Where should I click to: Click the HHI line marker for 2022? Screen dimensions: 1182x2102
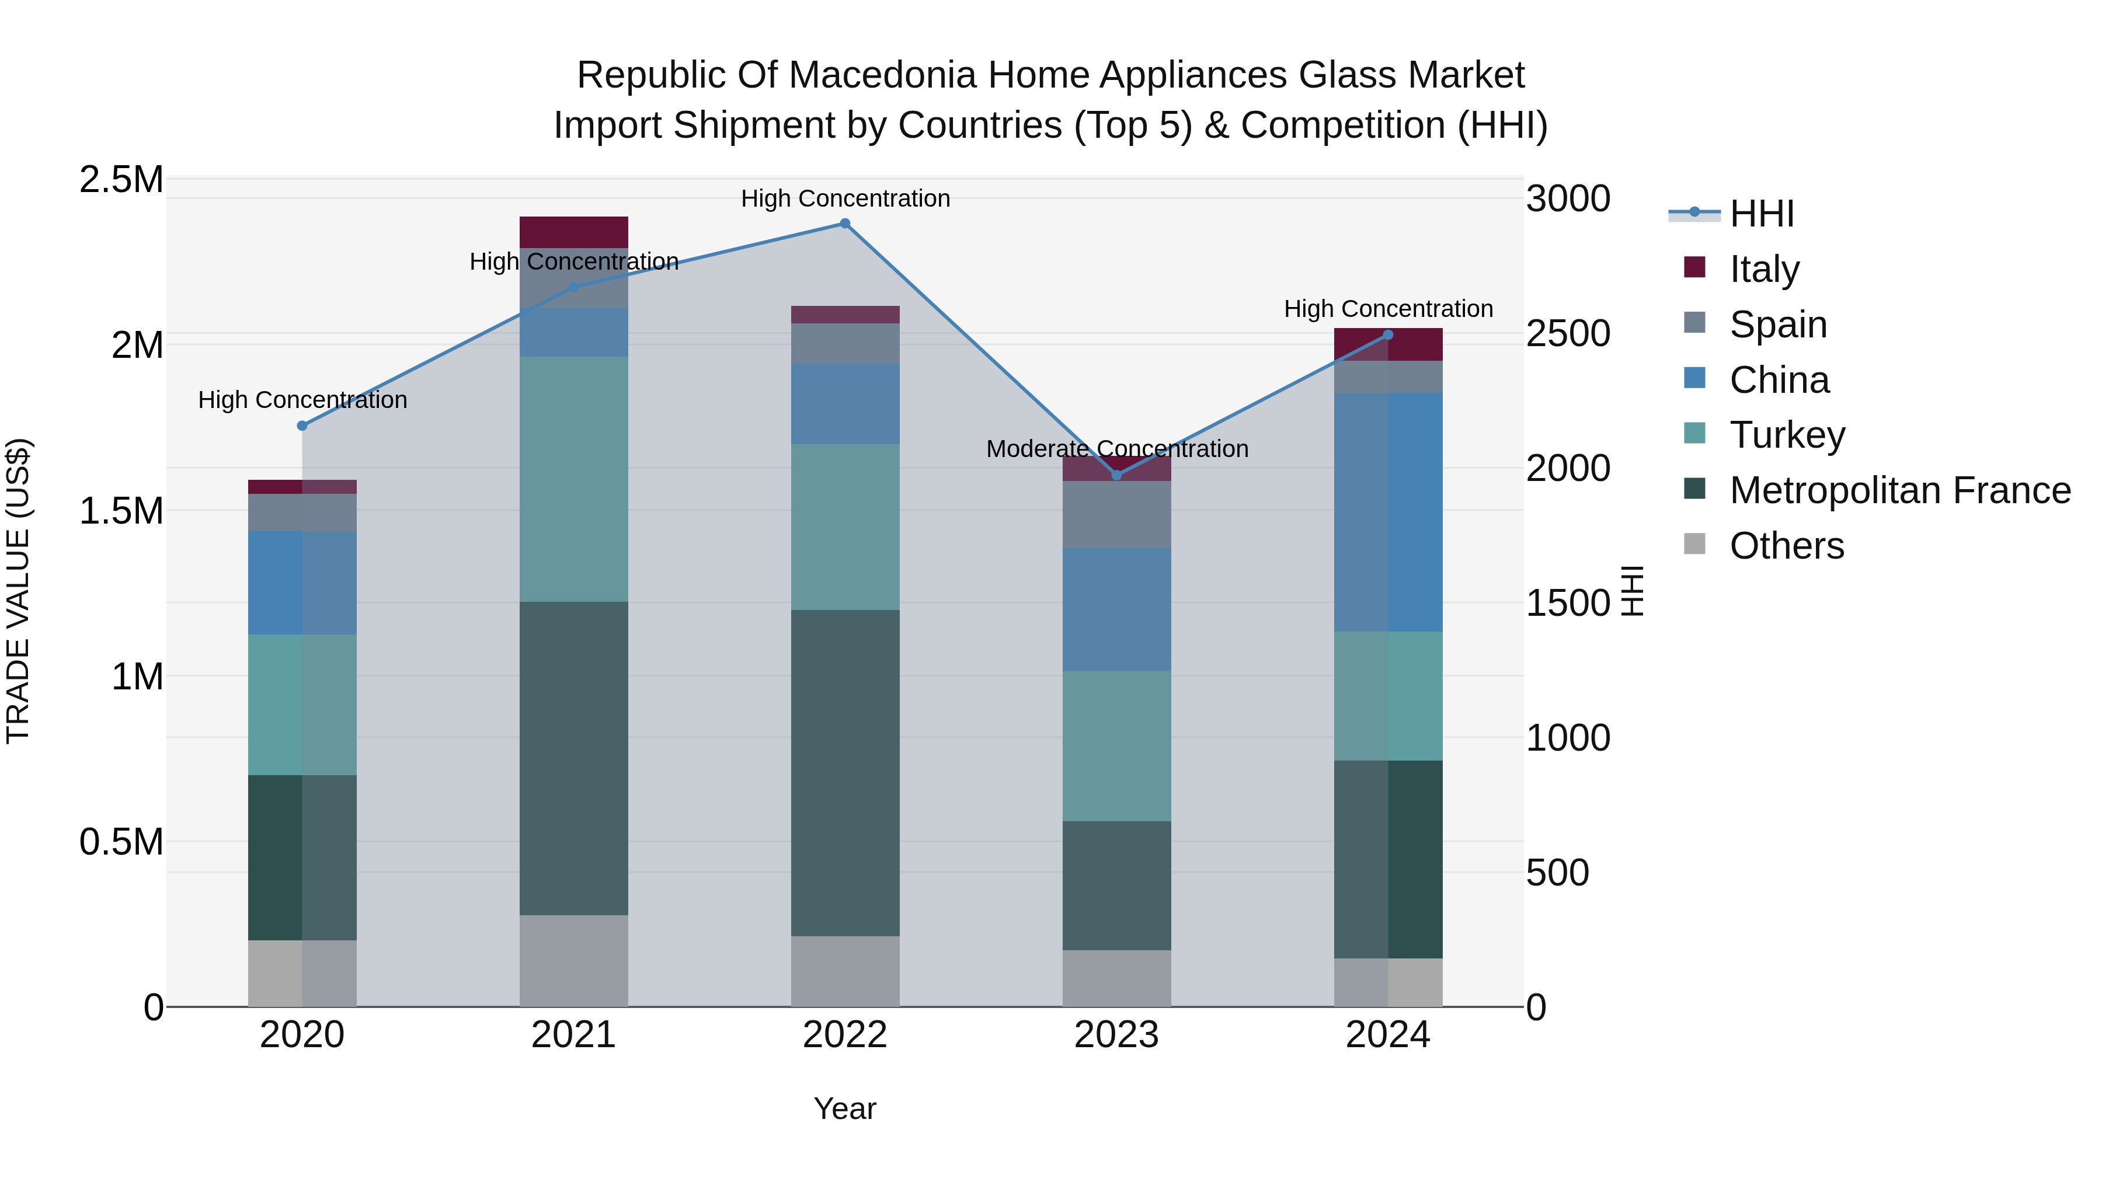coord(844,224)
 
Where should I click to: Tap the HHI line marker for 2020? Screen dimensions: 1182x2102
coord(302,425)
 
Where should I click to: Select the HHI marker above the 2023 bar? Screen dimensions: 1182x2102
coord(1116,475)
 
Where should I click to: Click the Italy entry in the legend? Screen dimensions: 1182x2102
coord(1763,269)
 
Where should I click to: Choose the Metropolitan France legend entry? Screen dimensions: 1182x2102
coord(1899,490)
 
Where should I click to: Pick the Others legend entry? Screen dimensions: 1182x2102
coord(1786,546)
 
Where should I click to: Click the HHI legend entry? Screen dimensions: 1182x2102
coord(1761,214)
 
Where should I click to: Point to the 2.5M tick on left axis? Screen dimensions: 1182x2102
coord(121,179)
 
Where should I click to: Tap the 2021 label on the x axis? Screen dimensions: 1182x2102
coord(573,1034)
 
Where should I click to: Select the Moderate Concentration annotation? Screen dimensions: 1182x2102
coord(1116,449)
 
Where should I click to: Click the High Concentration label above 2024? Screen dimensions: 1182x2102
coord(1388,309)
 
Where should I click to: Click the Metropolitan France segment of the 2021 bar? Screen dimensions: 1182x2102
coord(573,759)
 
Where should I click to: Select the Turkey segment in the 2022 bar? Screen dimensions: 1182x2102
coord(844,527)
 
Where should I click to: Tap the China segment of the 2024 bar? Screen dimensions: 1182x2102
coord(1388,512)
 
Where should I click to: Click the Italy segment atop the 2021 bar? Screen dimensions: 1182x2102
coord(573,232)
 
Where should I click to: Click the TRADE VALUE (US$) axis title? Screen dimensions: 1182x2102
coord(19,591)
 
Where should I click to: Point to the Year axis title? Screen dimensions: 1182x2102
coord(844,1108)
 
